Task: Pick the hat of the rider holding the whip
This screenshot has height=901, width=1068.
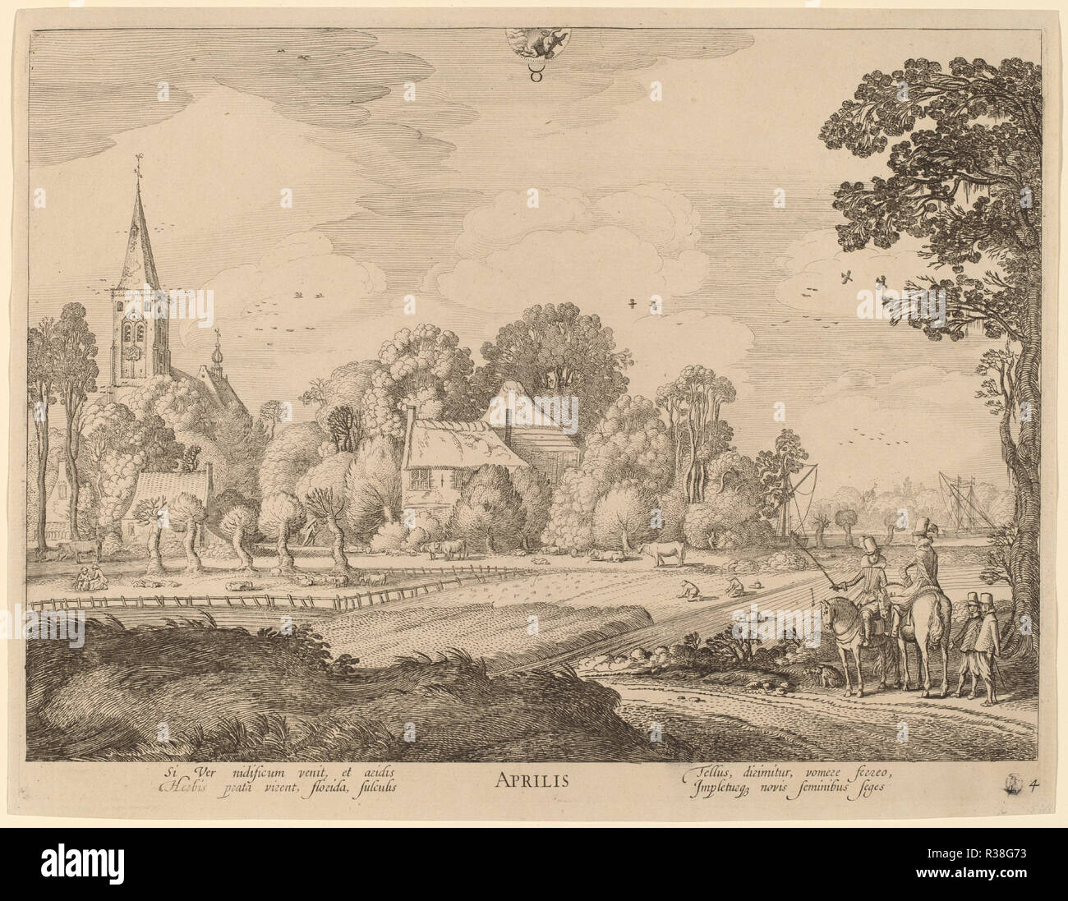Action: [868, 544]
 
